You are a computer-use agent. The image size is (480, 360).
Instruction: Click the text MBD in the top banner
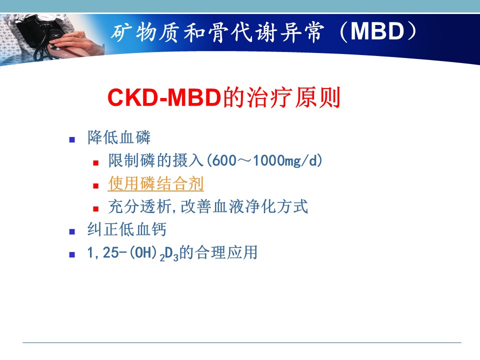[377, 31]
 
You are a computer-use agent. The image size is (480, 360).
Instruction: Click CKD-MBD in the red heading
[164, 97]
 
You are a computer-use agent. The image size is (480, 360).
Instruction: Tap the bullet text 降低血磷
[119, 137]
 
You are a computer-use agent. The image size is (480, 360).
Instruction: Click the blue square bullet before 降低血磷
[72, 140]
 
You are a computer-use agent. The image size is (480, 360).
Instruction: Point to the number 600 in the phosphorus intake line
[224, 160]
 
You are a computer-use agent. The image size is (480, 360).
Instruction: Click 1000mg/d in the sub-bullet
[285, 160]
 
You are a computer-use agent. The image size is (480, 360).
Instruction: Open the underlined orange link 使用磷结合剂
[156, 183]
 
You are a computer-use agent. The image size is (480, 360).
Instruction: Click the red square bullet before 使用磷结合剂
[96, 186]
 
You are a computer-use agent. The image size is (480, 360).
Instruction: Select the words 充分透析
[139, 206]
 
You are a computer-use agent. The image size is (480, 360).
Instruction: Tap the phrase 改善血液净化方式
[244, 206]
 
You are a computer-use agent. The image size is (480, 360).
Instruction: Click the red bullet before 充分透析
[96, 209]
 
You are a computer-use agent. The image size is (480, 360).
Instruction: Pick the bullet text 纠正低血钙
[126, 229]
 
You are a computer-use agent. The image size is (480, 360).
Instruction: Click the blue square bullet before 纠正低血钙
[72, 231]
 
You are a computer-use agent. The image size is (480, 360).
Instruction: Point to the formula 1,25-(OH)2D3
[132, 253]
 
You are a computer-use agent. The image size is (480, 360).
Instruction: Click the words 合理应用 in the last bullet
[226, 252]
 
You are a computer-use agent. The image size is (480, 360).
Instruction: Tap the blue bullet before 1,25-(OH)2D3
[72, 254]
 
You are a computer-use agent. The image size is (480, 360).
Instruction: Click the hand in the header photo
[70, 43]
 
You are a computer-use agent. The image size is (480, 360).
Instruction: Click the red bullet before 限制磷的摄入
[96, 163]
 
